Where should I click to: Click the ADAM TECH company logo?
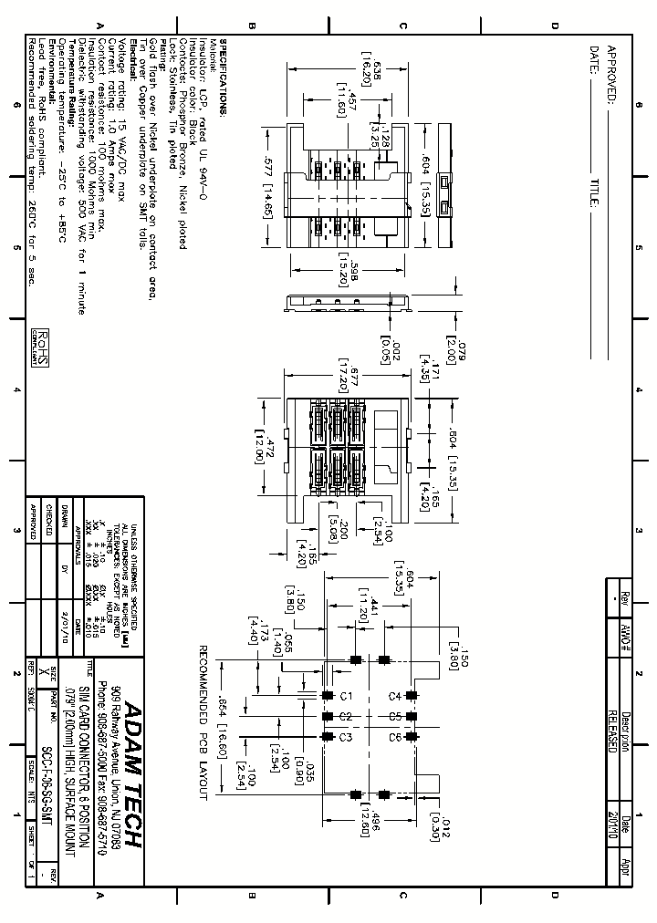[x=130, y=775]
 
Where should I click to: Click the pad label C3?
[x=346, y=736]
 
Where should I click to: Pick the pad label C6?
[x=394, y=736]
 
